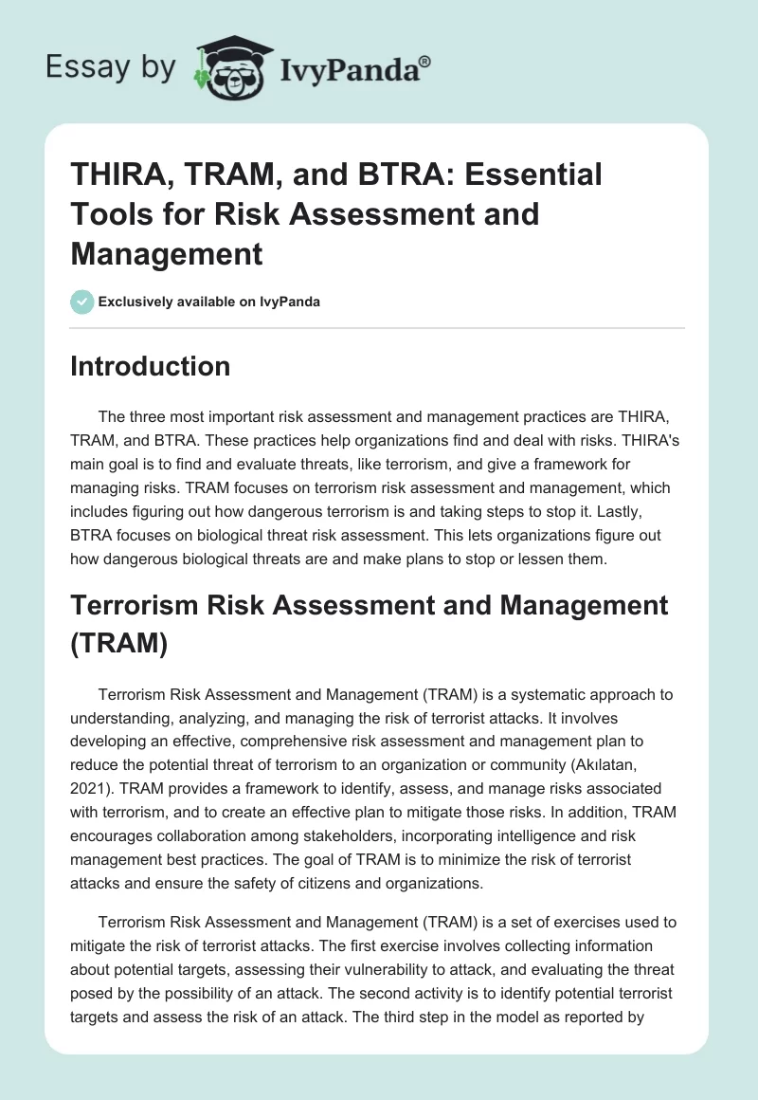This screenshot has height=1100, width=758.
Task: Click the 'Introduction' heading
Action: (x=150, y=366)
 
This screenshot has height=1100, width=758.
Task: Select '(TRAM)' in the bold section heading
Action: (x=118, y=645)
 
